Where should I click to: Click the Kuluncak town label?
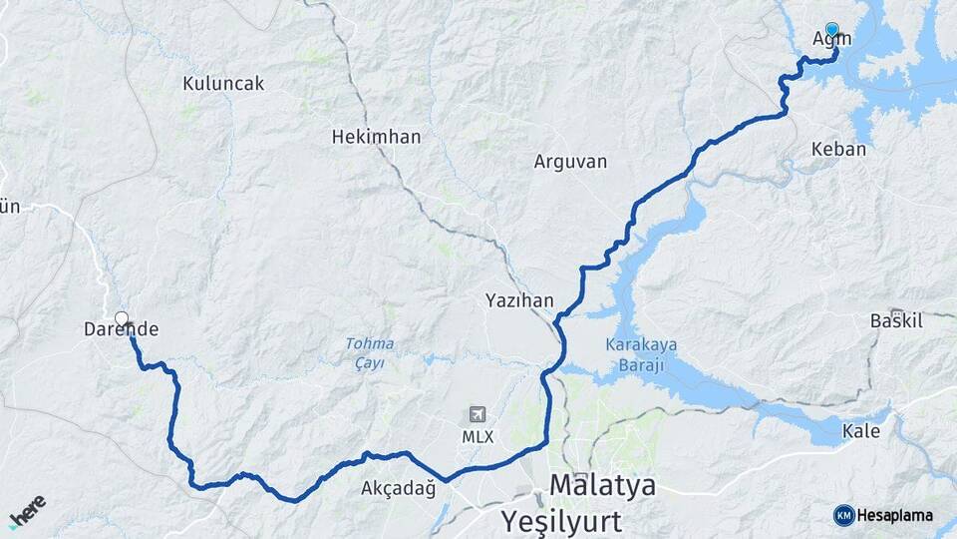click(x=223, y=84)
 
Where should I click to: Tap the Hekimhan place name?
click(x=376, y=137)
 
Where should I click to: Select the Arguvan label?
click(x=570, y=161)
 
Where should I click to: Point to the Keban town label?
click(x=839, y=149)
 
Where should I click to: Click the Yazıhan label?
click(x=519, y=299)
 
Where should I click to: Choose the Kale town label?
click(x=861, y=431)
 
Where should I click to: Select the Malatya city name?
click(x=603, y=486)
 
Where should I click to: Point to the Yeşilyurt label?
click(x=563, y=520)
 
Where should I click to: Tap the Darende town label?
click(x=122, y=328)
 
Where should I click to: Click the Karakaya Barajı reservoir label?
click(x=641, y=353)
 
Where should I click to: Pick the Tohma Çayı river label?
click(x=370, y=352)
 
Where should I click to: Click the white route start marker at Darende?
click(x=122, y=319)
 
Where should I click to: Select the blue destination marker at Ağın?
click(x=832, y=30)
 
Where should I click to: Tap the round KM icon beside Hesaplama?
click(x=844, y=515)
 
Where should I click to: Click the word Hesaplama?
click(x=895, y=515)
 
